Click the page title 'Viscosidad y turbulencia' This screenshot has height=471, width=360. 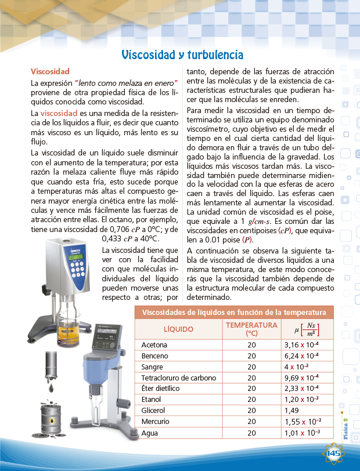[x=182, y=55]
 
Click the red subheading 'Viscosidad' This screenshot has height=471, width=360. [x=50, y=71]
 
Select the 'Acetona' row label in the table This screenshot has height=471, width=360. [x=154, y=345]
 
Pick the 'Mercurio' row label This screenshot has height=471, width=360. [x=156, y=421]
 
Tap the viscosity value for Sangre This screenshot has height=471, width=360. [x=298, y=367]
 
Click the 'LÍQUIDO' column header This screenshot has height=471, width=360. [x=179, y=329]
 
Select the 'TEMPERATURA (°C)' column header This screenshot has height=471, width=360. [x=251, y=329]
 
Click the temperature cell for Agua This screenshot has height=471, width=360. [x=251, y=433]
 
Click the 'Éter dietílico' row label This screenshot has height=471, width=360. [x=161, y=388]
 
